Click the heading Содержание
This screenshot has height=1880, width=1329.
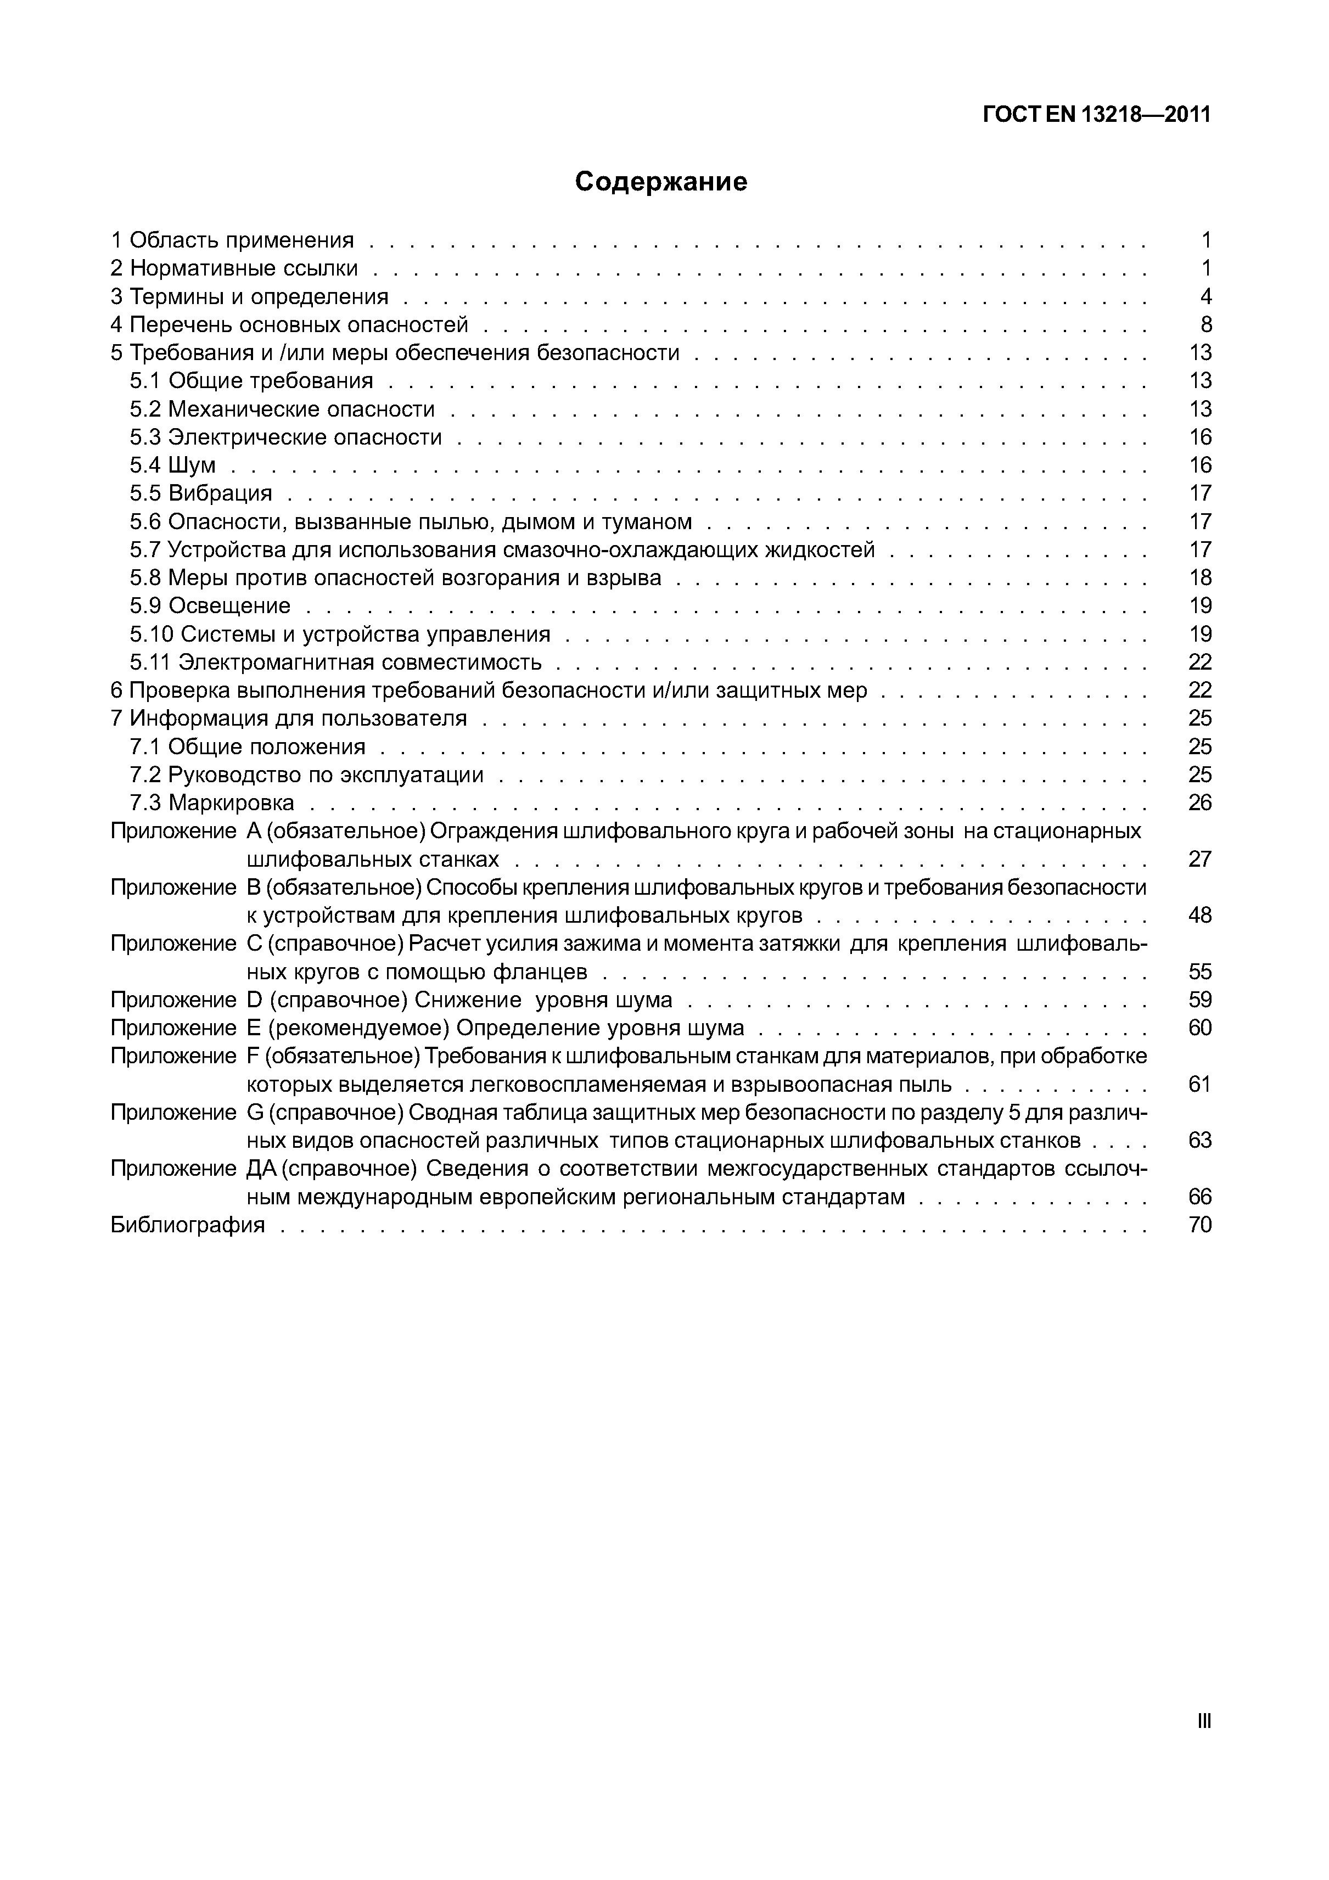661,181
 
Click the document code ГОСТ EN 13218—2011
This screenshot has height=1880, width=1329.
1096,115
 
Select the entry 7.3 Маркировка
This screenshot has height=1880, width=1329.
211,802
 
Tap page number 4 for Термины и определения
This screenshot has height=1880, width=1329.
1205,296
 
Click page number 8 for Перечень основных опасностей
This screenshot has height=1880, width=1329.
1205,325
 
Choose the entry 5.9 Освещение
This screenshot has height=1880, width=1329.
210,606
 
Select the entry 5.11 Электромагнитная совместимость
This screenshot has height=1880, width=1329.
336,661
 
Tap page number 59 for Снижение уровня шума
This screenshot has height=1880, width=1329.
1199,1000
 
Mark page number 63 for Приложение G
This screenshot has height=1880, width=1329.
1199,1141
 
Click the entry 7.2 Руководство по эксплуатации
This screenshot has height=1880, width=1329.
306,775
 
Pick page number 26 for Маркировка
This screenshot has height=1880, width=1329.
1199,802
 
